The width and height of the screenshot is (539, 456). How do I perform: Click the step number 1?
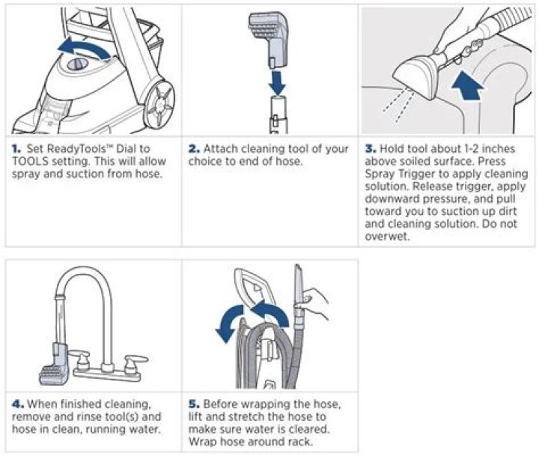tap(16, 149)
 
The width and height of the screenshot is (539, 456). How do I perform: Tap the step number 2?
tap(194, 149)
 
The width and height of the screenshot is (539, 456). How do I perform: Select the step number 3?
tap(371, 149)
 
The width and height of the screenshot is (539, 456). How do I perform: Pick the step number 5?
tap(194, 404)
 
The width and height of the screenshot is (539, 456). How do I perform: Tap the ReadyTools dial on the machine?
tap(78, 64)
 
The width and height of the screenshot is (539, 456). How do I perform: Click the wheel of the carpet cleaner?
tap(159, 101)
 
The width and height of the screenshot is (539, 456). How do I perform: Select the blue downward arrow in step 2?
tap(277, 82)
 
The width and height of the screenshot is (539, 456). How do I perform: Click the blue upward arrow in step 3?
tap(467, 86)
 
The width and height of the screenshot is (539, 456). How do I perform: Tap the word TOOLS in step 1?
tap(30, 161)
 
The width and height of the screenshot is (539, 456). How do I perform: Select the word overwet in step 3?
tap(386, 237)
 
